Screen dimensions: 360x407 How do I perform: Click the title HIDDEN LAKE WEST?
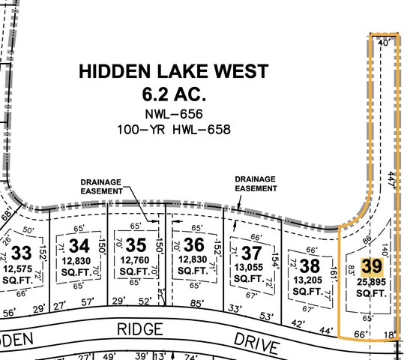[x=173, y=72]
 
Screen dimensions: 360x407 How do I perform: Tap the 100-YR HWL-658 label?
[x=173, y=129]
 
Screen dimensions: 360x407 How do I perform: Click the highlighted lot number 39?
[x=372, y=266]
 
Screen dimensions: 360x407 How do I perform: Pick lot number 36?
[x=193, y=245]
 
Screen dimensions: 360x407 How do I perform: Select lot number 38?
[x=310, y=264]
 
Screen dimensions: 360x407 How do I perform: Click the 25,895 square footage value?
[x=373, y=281]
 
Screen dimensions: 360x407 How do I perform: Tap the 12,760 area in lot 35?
[x=136, y=260]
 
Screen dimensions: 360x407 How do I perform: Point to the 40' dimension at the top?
[x=384, y=43]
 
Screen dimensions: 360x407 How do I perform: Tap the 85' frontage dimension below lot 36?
[x=198, y=304]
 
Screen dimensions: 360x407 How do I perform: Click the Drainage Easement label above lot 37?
[x=255, y=184]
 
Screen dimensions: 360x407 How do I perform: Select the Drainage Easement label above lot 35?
[x=102, y=187]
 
